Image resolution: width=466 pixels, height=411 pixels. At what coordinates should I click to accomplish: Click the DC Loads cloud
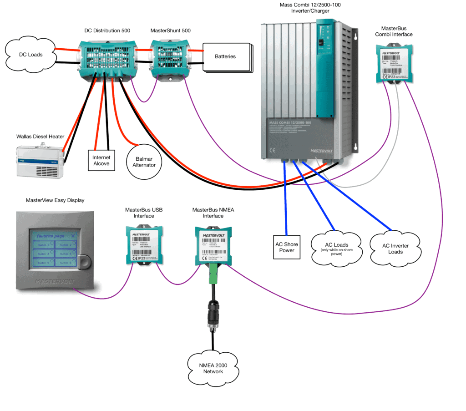[31, 55]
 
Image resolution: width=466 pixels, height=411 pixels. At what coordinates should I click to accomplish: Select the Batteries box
[226, 57]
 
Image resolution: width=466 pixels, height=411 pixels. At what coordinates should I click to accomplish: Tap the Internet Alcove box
[101, 160]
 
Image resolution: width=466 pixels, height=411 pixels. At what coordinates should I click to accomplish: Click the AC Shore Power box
[287, 247]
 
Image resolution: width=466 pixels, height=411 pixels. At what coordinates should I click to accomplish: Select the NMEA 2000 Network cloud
[213, 368]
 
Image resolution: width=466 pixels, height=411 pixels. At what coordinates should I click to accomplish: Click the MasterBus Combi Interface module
[395, 64]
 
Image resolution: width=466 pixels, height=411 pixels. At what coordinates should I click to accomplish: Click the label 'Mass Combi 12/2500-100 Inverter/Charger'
[310, 9]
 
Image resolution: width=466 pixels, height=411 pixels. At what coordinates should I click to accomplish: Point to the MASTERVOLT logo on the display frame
[55, 282]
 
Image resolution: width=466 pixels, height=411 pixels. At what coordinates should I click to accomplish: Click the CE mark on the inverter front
[272, 150]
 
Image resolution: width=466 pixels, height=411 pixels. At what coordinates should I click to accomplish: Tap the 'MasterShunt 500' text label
[170, 30]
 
